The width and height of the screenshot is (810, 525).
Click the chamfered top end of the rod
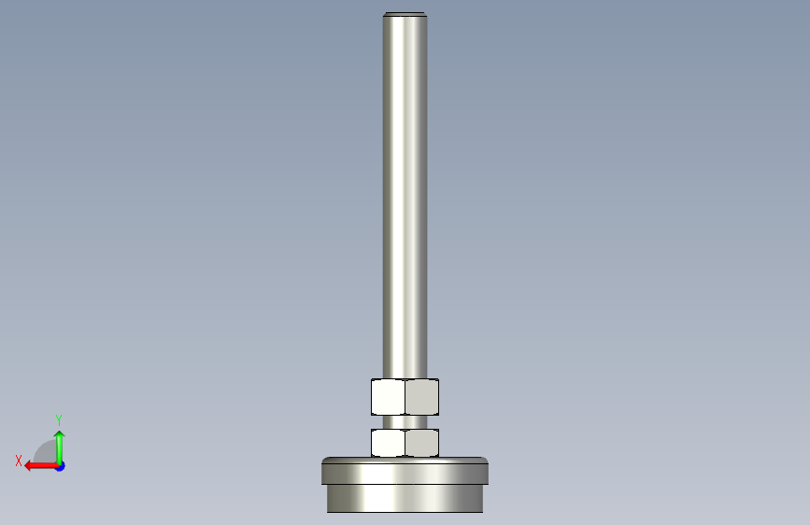pyautogui.click(x=405, y=14)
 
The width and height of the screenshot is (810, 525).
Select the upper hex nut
pyautogui.click(x=405, y=397)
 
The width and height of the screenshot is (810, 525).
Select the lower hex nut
pyautogui.click(x=405, y=443)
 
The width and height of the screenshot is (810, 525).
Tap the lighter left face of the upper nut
pyautogui.click(x=388, y=397)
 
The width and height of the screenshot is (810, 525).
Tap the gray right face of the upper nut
pyautogui.click(x=422, y=397)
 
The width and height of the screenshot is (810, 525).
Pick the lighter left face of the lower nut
pyautogui.click(x=388, y=443)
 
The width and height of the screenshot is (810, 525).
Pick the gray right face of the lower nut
pyautogui.click(x=422, y=443)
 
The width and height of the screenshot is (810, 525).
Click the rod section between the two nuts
pyautogui.click(x=405, y=421)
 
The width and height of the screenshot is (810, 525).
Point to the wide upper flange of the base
pyautogui.click(x=405, y=471)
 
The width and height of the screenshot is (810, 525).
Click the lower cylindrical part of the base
pyautogui.click(x=405, y=499)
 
